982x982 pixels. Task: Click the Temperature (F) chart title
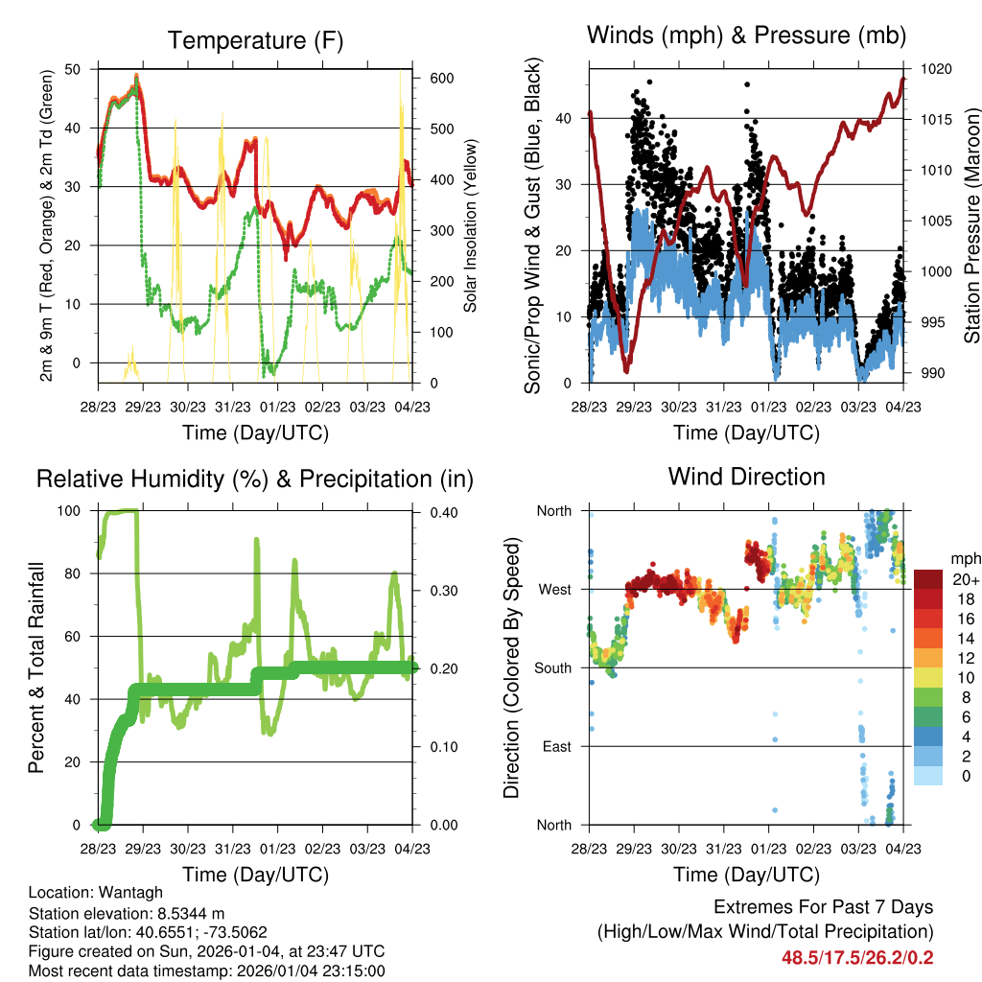[x=255, y=40]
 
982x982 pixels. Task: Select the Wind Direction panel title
[x=746, y=477]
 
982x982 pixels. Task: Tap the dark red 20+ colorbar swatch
[x=928, y=580]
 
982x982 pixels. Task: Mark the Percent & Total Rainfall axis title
[x=36, y=667]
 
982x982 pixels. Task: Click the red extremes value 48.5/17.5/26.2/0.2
[x=859, y=958]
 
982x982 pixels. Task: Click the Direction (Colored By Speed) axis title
[x=513, y=667]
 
